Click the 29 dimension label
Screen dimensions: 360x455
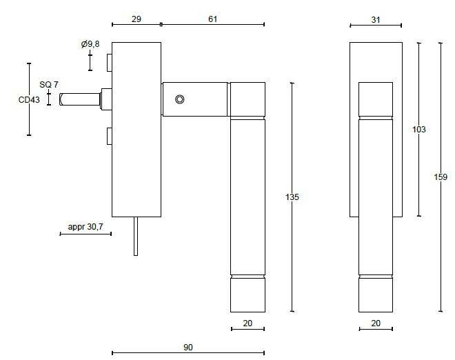[x=136, y=19]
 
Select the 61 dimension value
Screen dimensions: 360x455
[x=212, y=19]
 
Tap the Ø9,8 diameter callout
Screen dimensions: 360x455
[x=90, y=44]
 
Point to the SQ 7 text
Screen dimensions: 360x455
[x=49, y=84]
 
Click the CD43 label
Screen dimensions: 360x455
[x=29, y=100]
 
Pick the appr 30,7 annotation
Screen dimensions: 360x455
[x=85, y=227]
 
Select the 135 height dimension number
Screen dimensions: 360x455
[x=292, y=197]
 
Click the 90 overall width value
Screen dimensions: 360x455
[x=188, y=348]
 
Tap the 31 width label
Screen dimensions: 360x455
[x=376, y=20]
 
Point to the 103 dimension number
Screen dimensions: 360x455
[x=418, y=130]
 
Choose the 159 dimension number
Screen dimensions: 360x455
[x=441, y=177]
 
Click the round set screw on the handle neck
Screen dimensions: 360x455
[x=179, y=99]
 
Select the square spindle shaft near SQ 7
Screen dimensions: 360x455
[x=80, y=100]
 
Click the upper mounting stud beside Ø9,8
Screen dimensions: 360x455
[x=109, y=63]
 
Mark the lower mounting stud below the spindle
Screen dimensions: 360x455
[x=109, y=137]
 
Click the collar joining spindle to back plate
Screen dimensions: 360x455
[x=106, y=99]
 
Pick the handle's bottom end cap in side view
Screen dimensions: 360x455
[x=247, y=294]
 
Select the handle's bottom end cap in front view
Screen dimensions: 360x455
[x=376, y=294]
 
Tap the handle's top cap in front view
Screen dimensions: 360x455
[x=376, y=98]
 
